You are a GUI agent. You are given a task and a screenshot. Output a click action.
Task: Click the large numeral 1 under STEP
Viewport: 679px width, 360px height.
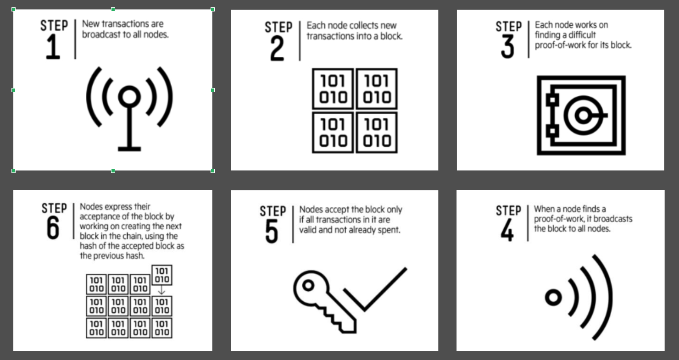point(53,47)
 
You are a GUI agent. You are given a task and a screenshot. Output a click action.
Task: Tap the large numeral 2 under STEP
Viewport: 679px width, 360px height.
point(277,49)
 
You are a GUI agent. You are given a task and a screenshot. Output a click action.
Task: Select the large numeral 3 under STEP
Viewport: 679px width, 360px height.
point(507,47)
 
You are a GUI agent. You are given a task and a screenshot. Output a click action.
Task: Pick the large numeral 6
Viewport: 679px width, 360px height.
point(53,228)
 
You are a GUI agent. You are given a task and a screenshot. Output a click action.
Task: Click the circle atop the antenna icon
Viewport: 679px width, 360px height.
point(129,97)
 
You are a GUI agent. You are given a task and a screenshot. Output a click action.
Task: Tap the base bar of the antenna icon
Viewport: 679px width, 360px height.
point(129,148)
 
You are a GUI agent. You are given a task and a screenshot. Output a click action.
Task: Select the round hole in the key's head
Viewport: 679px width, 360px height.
point(308,286)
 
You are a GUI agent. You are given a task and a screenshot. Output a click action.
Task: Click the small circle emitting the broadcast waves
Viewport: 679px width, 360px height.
point(553,298)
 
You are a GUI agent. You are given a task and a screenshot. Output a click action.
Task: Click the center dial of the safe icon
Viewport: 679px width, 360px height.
point(582,115)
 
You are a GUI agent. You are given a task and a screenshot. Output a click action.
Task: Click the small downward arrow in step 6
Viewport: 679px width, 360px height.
point(161,291)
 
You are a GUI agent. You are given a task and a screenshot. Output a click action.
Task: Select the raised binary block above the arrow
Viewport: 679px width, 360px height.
point(161,275)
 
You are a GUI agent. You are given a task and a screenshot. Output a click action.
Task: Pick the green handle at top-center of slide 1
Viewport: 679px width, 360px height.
point(113,9)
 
